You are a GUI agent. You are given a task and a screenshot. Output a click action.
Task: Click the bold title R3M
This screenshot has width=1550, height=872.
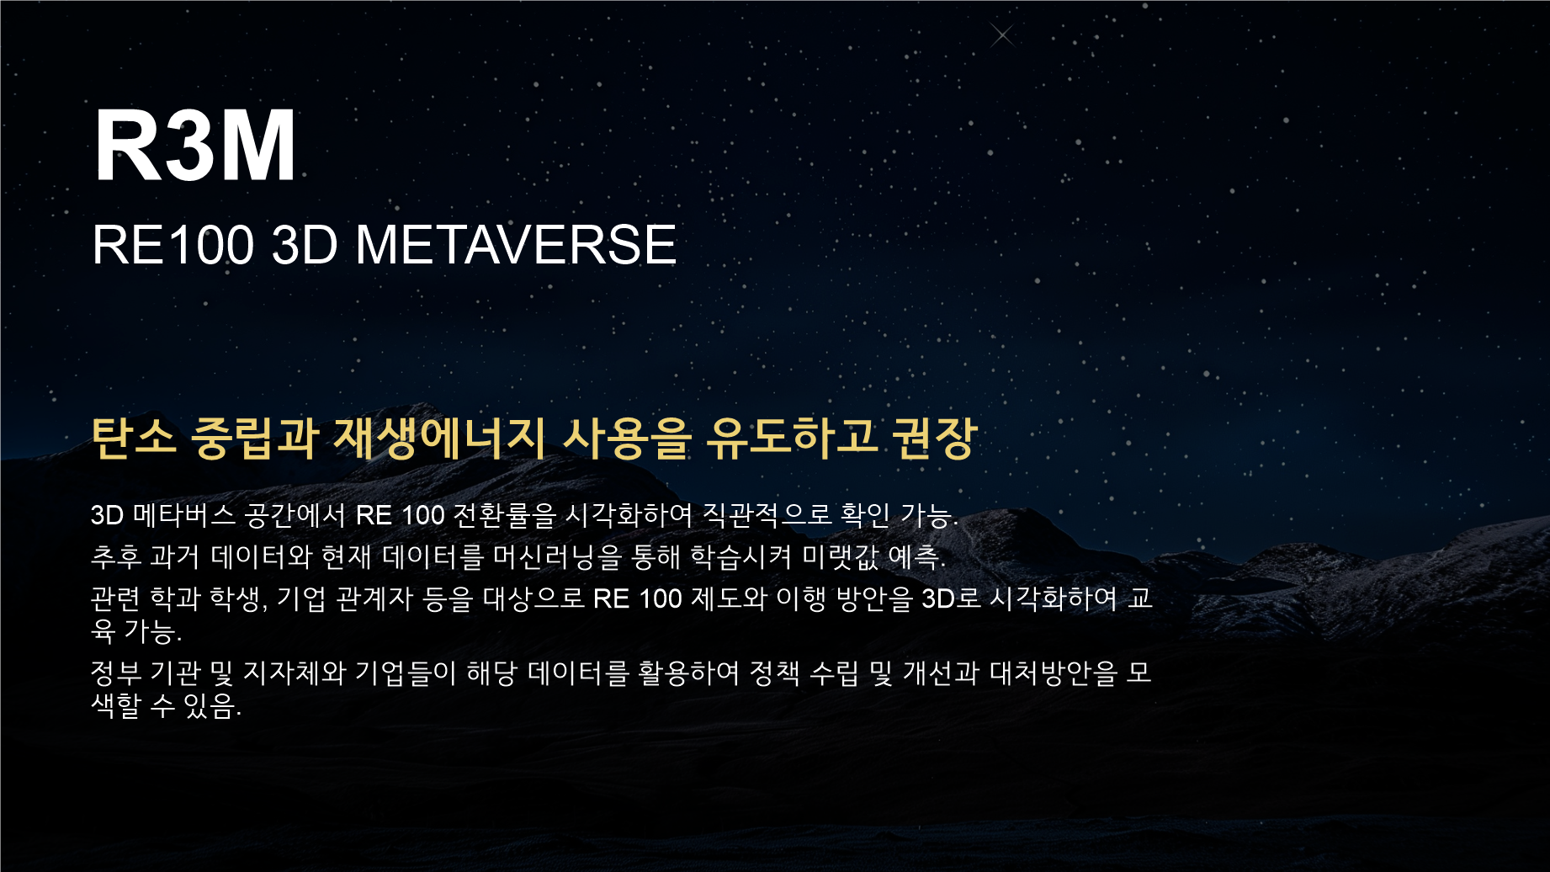point(195,145)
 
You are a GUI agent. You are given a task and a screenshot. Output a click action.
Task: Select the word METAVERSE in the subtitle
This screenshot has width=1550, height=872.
point(516,245)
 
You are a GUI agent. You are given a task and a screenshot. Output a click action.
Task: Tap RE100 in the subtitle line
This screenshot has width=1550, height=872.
point(173,245)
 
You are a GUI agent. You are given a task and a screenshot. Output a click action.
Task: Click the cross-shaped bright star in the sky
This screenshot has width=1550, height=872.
point(1001,35)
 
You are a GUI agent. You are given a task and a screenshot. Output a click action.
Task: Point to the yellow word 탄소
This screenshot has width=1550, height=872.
point(134,438)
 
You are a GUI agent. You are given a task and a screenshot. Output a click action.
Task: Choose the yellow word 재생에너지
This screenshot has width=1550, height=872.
point(439,438)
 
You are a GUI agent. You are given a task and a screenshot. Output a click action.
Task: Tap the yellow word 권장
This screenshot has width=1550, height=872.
point(934,438)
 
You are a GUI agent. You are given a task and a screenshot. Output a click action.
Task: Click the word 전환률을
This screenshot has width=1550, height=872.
point(505,514)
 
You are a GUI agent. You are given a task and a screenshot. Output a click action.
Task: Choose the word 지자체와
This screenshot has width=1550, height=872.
point(295,673)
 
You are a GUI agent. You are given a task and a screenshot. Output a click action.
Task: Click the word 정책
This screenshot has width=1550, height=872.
point(774,673)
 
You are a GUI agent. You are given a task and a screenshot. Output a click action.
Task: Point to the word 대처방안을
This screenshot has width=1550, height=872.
point(1054,673)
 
